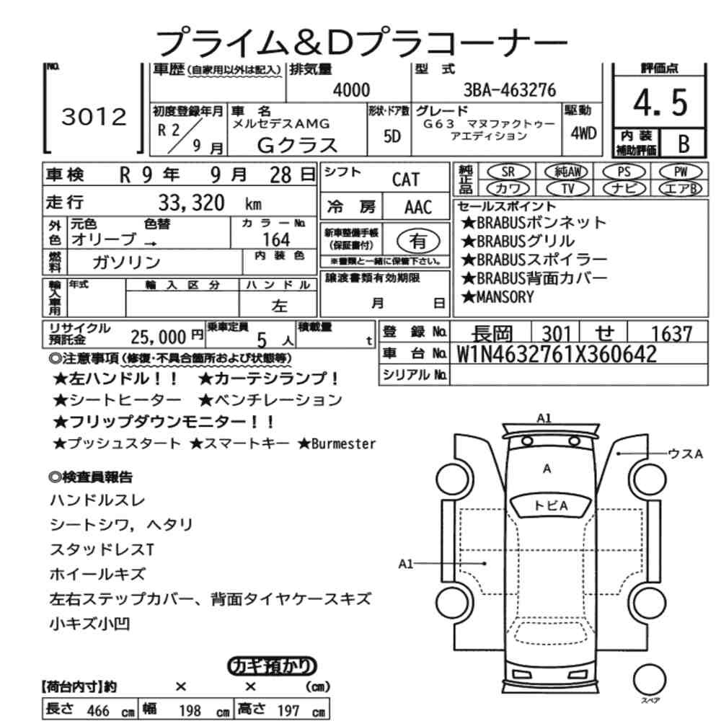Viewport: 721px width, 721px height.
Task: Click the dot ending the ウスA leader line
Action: pos(619,454)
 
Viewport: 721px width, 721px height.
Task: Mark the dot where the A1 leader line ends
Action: pos(485,563)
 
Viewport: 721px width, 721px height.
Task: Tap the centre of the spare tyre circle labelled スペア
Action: pos(650,679)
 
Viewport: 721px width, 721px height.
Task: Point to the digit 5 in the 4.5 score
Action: pos(679,102)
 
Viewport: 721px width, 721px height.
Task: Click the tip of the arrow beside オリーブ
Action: pos(156,242)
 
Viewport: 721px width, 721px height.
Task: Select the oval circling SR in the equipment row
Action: pos(508,172)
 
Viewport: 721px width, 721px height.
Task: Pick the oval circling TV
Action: pos(568,188)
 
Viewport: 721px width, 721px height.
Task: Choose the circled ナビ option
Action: pos(624,188)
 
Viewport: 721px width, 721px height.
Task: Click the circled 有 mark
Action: pos(418,241)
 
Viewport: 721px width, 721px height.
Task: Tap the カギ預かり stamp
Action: pos(273,666)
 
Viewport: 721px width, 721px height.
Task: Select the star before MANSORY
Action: pos(468,297)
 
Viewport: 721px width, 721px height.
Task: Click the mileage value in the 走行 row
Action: pos(191,203)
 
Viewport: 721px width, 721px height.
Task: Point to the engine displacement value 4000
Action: pos(351,89)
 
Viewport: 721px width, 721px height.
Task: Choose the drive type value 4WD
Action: pos(583,133)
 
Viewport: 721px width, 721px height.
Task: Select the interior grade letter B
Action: pos(684,144)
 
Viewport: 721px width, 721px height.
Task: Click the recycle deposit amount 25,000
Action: pos(158,337)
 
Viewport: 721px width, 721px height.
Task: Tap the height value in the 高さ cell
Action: pos(288,710)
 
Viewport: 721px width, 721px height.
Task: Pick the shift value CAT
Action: pos(406,180)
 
